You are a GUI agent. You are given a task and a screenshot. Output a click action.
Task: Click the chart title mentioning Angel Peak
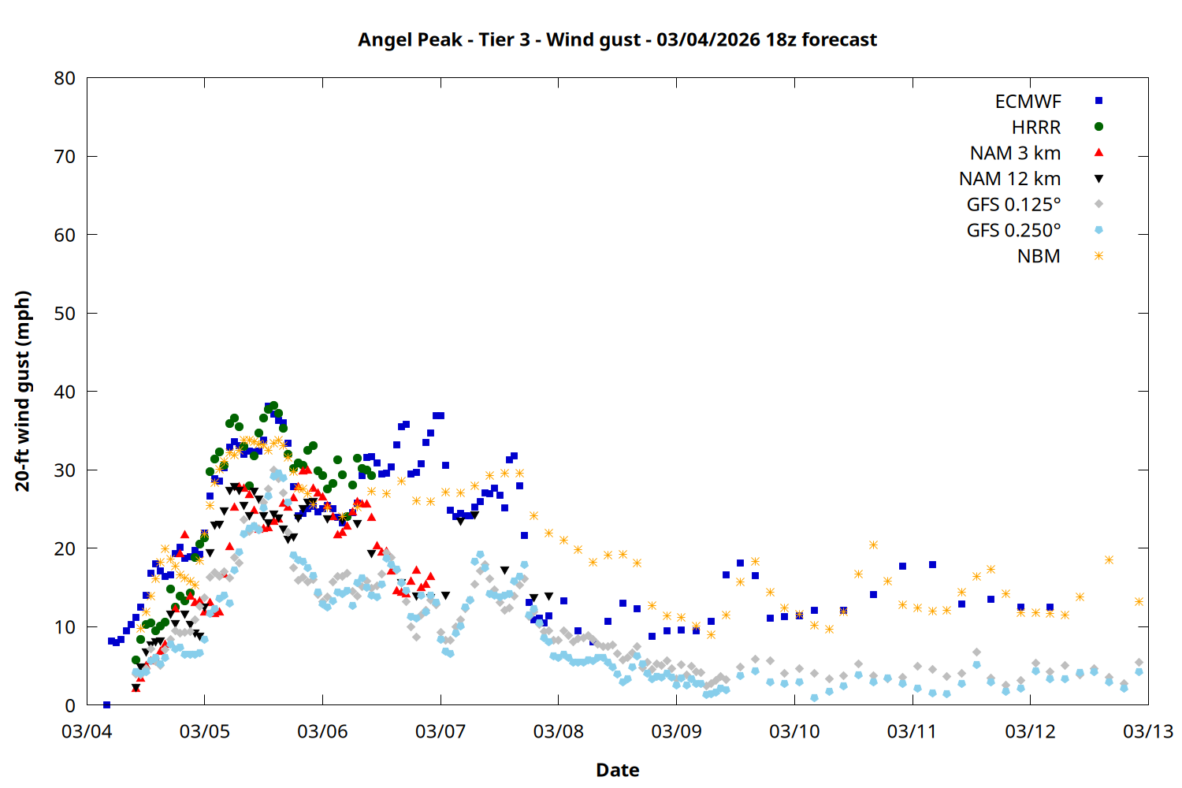(617, 39)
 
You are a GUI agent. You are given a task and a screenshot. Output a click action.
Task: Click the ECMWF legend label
(1028, 102)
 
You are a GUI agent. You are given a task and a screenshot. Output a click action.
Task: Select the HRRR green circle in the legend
(1098, 127)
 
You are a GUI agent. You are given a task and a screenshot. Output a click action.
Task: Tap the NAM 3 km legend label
(1015, 153)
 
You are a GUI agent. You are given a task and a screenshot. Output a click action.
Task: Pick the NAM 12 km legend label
(1009, 179)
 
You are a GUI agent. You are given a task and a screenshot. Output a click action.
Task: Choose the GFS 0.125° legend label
(1013, 205)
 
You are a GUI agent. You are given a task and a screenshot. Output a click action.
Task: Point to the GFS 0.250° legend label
(1013, 231)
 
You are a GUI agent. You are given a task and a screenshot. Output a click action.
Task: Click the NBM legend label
(1039, 257)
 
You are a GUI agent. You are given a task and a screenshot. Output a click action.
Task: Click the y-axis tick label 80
(65, 78)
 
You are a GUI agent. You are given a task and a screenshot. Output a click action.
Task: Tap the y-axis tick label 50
(65, 314)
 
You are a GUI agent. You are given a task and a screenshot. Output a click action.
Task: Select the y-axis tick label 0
(71, 705)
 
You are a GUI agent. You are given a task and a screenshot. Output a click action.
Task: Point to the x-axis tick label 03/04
(87, 731)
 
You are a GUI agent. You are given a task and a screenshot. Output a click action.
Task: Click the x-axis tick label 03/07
(440, 731)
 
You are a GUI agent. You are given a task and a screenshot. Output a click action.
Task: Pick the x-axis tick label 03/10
(794, 731)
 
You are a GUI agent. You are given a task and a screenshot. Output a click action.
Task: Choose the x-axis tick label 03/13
(1147, 731)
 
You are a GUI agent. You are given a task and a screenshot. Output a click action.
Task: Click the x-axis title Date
(617, 770)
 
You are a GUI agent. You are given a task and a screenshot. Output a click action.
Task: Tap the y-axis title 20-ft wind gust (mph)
(23, 391)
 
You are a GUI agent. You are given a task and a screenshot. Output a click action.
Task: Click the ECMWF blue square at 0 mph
(106, 704)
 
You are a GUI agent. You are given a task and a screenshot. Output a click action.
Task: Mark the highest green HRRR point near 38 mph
(273, 406)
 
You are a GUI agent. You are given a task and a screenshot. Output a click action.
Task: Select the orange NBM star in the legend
(1098, 256)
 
